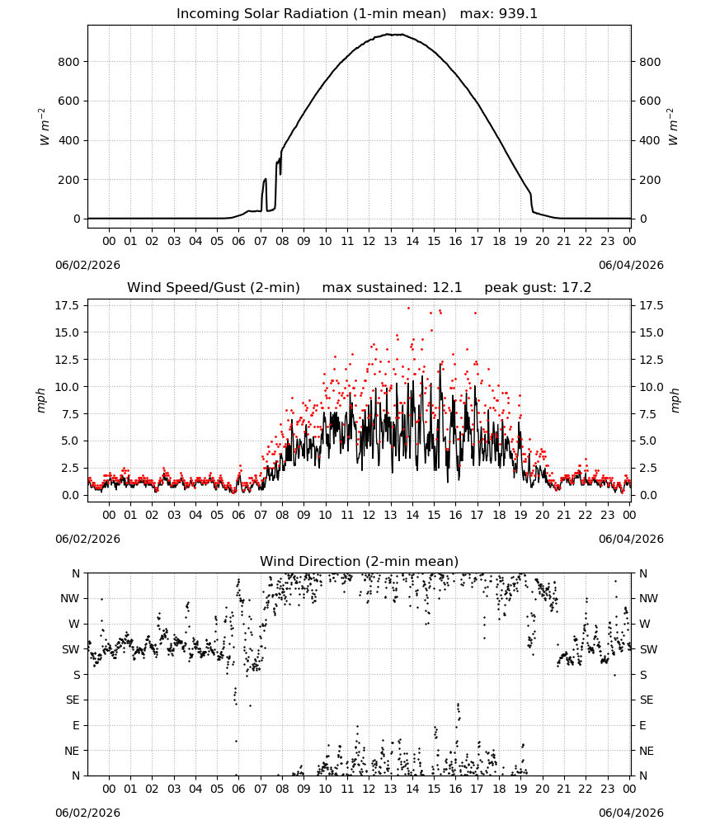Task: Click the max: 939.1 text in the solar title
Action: coord(499,13)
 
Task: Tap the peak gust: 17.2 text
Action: coord(538,287)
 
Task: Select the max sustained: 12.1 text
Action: coord(392,287)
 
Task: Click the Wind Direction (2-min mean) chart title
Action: coord(360,561)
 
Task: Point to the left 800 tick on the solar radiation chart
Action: coord(68,62)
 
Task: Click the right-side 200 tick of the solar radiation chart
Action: coord(650,179)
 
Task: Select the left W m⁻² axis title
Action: coord(45,126)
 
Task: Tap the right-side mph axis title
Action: coord(675,400)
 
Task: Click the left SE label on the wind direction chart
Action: coord(73,700)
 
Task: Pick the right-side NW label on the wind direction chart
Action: coord(648,598)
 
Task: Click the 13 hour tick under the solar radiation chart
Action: coord(390,241)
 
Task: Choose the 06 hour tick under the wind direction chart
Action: coord(238,789)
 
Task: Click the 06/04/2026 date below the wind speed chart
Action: coord(631,539)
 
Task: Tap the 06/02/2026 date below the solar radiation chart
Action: coord(87,265)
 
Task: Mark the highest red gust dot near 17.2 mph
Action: coord(408,308)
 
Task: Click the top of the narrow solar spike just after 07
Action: coord(265,179)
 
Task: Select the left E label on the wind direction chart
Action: coord(76,725)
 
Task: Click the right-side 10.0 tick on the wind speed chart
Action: coord(652,387)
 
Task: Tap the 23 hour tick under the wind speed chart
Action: coord(607,515)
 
